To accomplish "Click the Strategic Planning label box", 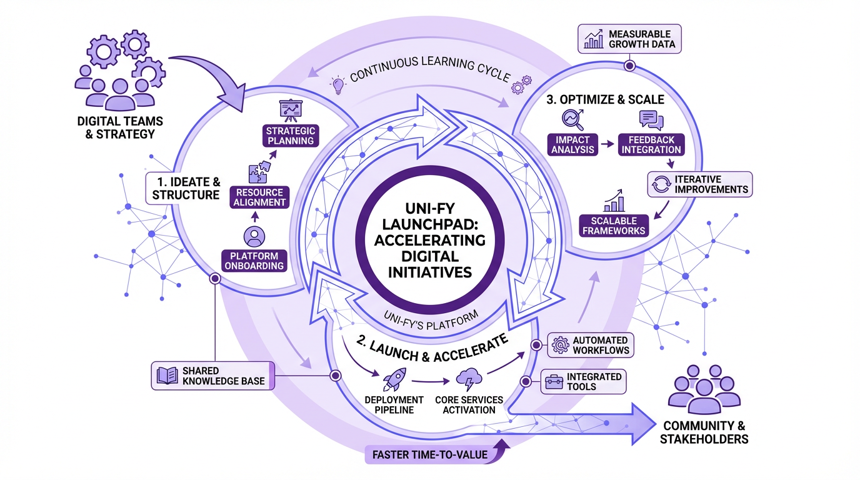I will click(x=290, y=136).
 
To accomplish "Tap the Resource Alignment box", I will click(x=259, y=197).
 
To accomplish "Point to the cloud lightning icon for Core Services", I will click(x=468, y=379).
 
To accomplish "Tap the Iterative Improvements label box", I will click(x=699, y=184).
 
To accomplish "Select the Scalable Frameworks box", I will click(x=613, y=226).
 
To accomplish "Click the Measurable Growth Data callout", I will click(x=629, y=39).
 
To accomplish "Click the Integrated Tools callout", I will click(x=582, y=381).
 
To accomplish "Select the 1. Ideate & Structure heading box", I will click(x=186, y=188).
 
